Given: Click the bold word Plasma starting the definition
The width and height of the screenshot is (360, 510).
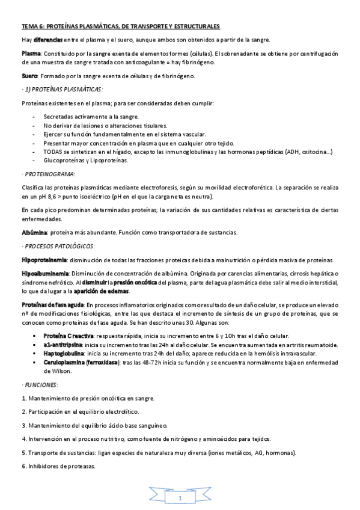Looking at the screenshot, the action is (31, 54).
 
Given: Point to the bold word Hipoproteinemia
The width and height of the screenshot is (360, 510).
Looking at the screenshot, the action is (44, 260).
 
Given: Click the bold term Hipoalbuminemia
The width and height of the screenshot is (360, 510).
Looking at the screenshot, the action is (44, 274).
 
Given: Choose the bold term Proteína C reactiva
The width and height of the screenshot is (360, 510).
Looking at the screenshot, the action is (68, 335).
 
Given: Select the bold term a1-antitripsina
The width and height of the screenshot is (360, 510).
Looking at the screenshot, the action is (63, 345).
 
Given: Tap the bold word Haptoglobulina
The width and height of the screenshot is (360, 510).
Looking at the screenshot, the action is (64, 354).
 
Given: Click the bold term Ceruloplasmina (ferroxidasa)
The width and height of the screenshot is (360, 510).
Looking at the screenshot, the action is (82, 363).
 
